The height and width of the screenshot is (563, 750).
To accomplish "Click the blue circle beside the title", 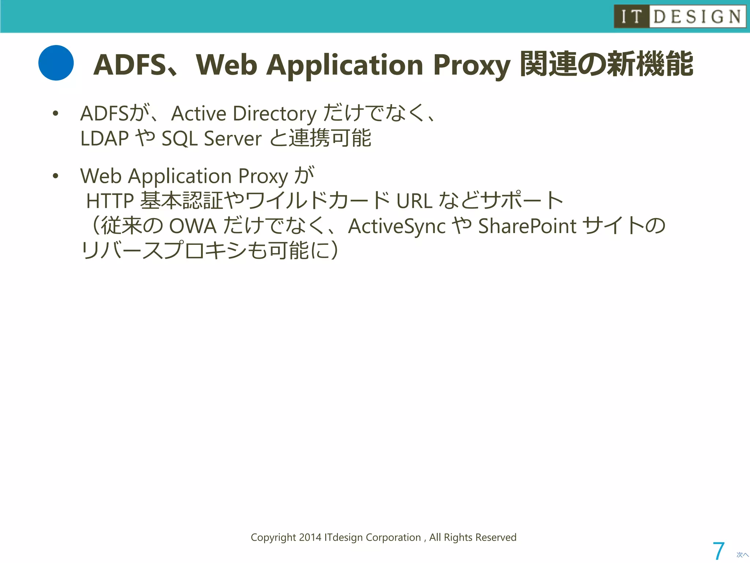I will [56, 63].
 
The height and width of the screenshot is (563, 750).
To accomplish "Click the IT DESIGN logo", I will [680, 16].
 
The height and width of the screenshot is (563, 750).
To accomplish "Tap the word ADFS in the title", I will [130, 65].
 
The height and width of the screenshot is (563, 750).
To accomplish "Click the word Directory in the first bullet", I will [275, 114].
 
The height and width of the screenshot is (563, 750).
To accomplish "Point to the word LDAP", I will [104, 139].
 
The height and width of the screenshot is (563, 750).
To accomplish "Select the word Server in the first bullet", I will [233, 139].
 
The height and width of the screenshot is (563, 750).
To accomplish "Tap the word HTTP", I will [110, 201].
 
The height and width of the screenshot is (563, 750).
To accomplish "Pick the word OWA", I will [193, 226].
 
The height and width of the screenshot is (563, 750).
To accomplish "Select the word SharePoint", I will [527, 226].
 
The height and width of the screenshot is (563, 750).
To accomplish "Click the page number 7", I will [719, 551].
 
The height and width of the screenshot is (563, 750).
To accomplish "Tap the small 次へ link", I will [742, 555].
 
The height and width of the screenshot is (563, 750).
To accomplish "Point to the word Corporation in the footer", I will [393, 537].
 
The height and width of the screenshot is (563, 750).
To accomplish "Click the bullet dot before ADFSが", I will [55, 114].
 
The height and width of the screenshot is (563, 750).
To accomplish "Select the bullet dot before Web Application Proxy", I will [55, 176].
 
